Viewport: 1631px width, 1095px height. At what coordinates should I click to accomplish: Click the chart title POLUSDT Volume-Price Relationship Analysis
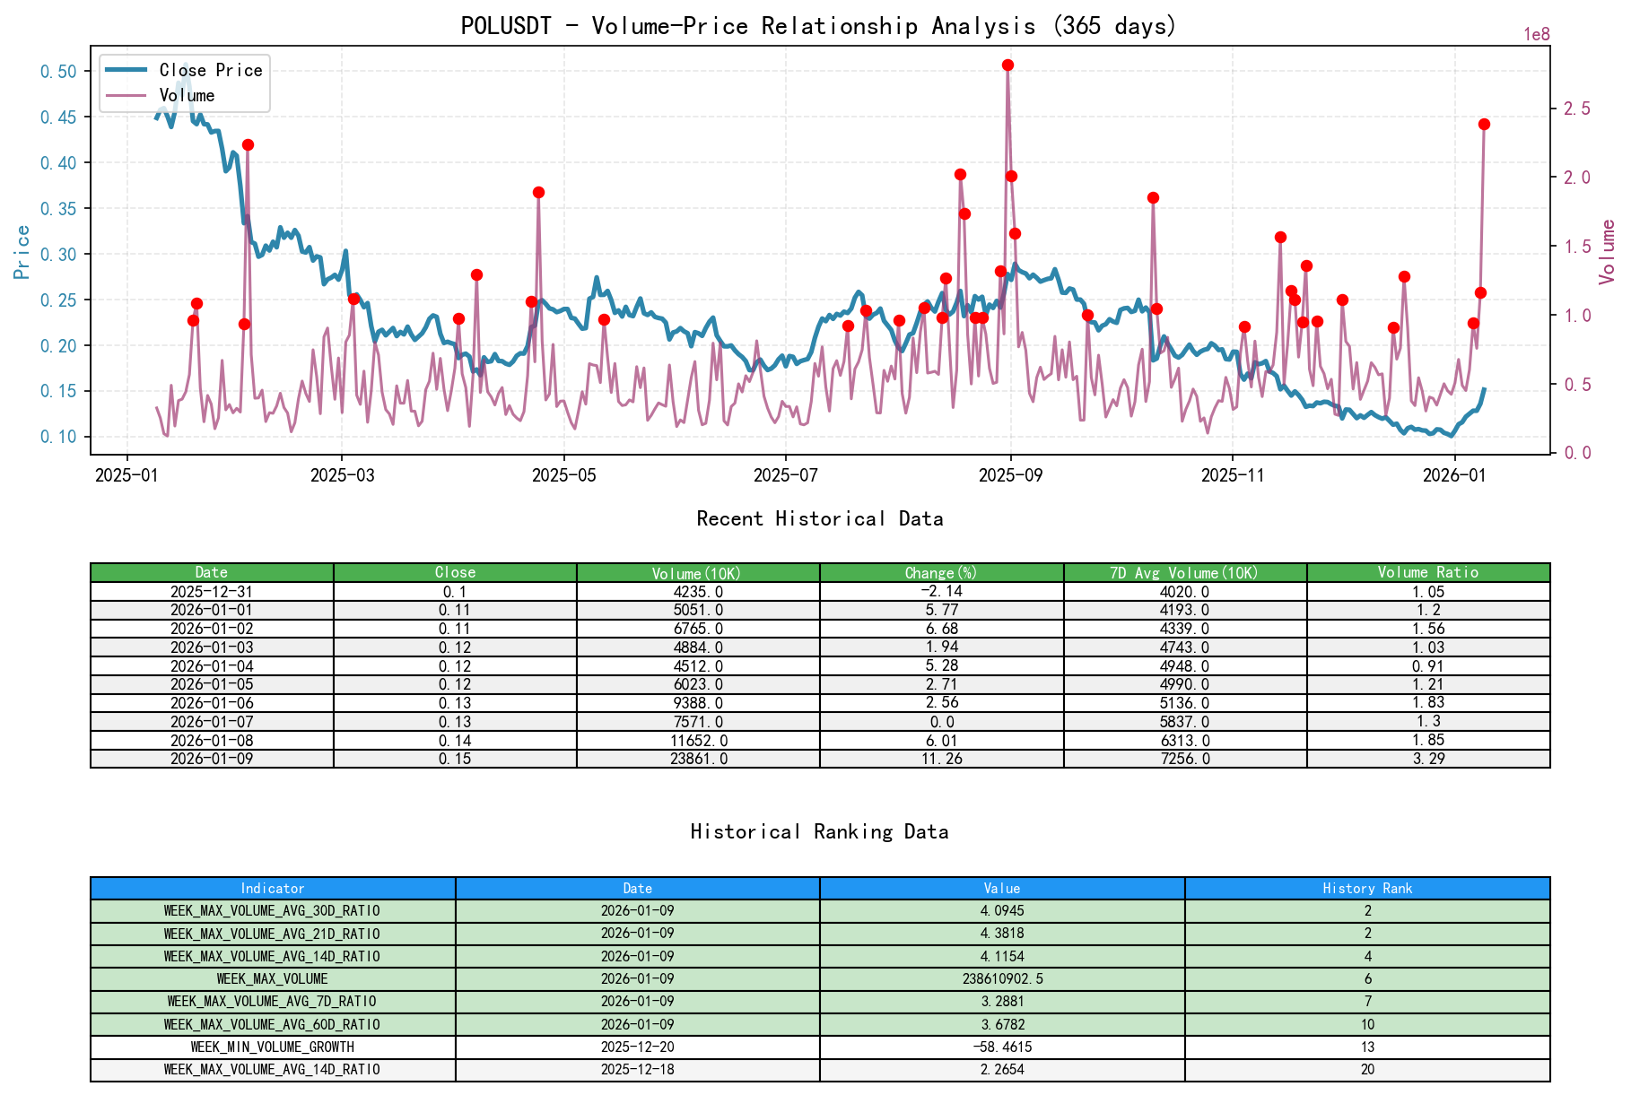(x=818, y=25)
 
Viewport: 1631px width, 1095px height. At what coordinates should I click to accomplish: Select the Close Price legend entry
(x=210, y=70)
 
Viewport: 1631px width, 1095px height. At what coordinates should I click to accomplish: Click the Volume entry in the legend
(x=187, y=95)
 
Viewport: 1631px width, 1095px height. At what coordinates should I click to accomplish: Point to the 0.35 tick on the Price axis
(x=58, y=208)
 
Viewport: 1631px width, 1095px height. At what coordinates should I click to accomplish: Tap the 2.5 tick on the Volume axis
(x=1577, y=108)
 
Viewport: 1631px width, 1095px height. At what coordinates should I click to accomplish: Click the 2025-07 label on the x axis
(x=785, y=474)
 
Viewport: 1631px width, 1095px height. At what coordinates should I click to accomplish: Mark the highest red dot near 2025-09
(x=1007, y=65)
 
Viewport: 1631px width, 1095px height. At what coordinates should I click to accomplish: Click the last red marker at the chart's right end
(x=1484, y=124)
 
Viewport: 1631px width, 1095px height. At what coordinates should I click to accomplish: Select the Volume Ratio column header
(x=1427, y=572)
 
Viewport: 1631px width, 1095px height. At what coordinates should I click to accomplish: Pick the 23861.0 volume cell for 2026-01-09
(x=698, y=759)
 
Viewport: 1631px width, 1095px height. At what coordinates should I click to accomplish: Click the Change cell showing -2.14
(x=941, y=591)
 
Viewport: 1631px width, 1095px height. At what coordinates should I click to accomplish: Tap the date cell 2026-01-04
(x=212, y=666)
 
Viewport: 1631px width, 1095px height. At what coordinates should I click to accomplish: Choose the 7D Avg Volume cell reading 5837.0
(x=1185, y=722)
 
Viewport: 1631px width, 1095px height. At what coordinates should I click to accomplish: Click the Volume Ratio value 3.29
(x=1427, y=759)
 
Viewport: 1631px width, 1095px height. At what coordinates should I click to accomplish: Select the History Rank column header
(x=1366, y=888)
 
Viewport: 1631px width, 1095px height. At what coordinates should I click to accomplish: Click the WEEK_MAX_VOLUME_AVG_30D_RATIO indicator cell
(x=272, y=910)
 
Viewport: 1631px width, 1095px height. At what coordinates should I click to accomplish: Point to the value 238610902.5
(x=1001, y=978)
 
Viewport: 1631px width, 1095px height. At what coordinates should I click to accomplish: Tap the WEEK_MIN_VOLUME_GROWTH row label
(x=272, y=1047)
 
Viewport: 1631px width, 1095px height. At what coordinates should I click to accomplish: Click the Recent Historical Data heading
(x=819, y=518)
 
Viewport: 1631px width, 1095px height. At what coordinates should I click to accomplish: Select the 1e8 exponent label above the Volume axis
(x=1536, y=34)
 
